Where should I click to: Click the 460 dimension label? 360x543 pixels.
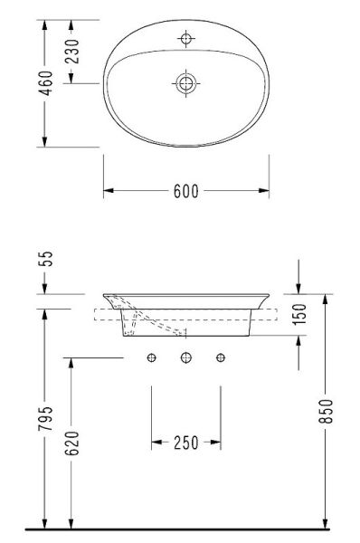tap(46, 83)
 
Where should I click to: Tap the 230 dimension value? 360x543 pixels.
tap(72, 52)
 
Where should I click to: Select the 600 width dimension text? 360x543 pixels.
tap(186, 191)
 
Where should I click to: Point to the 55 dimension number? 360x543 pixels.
tap(46, 258)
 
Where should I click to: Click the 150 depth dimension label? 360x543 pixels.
tap(299, 314)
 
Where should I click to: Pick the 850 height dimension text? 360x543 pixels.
tap(326, 411)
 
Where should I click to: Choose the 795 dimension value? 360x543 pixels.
tap(46, 418)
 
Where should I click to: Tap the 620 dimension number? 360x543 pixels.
tap(72, 443)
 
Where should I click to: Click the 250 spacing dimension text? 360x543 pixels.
tap(186, 443)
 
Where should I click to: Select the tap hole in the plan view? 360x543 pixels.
tap(186, 38)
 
